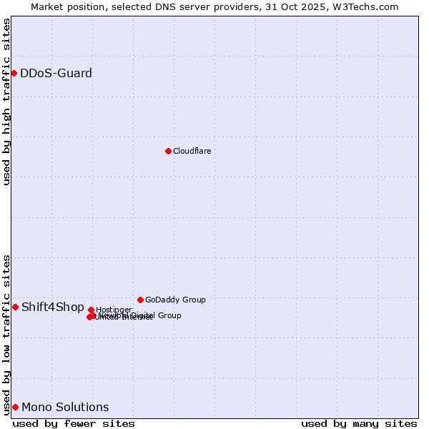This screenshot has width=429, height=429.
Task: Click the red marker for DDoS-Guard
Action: [x=14, y=73]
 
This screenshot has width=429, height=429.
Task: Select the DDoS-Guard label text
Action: [x=56, y=73]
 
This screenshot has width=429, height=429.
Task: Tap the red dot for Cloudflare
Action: [x=168, y=151]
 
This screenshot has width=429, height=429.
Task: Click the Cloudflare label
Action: [x=192, y=151]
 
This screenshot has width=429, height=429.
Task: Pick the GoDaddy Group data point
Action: [x=140, y=300]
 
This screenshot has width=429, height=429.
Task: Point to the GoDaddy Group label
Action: [x=175, y=300]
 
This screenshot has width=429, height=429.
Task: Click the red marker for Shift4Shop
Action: [x=15, y=307]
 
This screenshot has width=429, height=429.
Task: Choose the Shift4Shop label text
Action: [x=52, y=307]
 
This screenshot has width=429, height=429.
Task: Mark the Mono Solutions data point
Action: [x=15, y=407]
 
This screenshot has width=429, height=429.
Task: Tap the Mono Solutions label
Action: [x=65, y=408]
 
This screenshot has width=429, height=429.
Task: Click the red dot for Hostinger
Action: [x=91, y=310]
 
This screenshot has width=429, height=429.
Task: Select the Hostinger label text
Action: [x=114, y=310]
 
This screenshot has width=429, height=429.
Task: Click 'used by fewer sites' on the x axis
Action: [x=74, y=423]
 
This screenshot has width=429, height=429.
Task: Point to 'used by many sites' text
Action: [x=359, y=423]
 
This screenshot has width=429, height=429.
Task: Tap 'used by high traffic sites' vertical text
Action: [x=6, y=102]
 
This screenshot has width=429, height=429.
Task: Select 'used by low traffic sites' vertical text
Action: [x=6, y=334]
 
